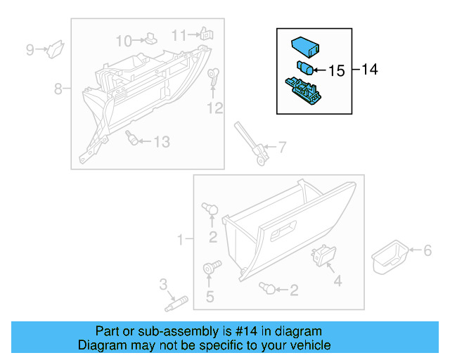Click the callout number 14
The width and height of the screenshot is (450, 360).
[370, 69]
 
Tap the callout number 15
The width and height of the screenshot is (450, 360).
[337, 70]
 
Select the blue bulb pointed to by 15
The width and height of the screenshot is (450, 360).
[305, 68]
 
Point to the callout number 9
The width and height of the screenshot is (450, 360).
[30, 49]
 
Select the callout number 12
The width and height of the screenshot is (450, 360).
[214, 108]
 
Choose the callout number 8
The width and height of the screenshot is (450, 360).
[58, 89]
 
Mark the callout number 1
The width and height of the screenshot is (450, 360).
[180, 240]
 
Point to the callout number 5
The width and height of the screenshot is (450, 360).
[210, 297]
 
